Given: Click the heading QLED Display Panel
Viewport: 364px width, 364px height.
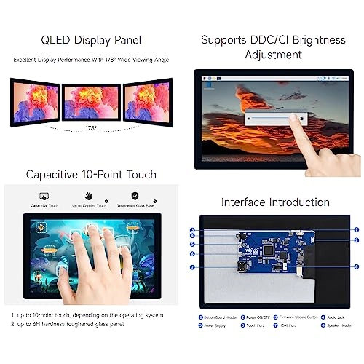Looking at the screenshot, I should pyautogui.click(x=90, y=39).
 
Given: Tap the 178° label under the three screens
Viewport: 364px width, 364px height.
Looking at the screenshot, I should pyautogui.click(x=90, y=128).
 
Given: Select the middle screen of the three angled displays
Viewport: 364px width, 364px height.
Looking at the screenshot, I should pyautogui.click(x=91, y=101).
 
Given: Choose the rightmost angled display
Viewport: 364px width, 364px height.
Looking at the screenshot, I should pyautogui.click(x=148, y=101).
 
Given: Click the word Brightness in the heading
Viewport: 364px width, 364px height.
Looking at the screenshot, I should pyautogui.click(x=314, y=39).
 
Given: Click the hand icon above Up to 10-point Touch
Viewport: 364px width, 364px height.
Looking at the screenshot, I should pyautogui.click(x=89, y=197).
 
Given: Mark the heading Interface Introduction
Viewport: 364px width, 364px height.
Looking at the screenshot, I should pyautogui.click(x=275, y=202).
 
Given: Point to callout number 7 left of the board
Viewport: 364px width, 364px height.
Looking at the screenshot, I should pyautogui.click(x=193, y=268).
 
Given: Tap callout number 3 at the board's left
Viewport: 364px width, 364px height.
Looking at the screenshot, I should pyautogui.click(x=193, y=231).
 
